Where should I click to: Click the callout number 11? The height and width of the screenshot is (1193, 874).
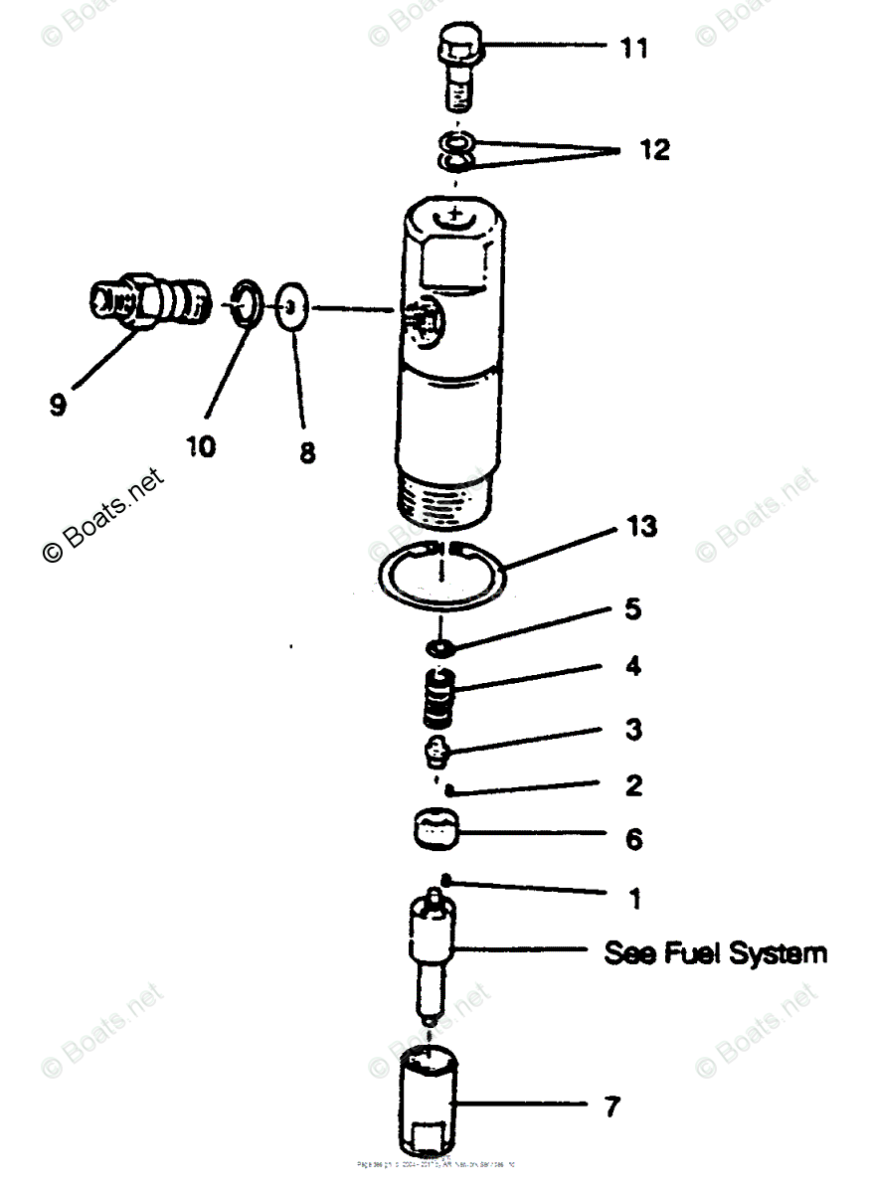634,48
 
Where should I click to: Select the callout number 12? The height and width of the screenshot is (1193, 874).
654,150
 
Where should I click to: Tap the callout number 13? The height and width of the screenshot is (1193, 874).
641,526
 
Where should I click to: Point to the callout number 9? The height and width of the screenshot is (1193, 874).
58,406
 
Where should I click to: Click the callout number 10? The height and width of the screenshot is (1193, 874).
199,446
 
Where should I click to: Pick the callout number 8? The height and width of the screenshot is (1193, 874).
306,452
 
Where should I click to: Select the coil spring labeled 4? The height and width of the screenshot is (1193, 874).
437,698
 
